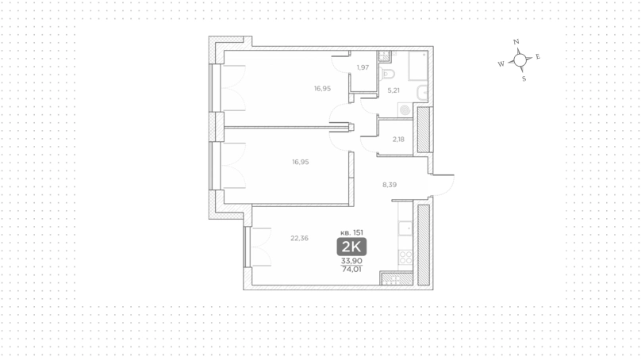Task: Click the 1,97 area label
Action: click(363, 67)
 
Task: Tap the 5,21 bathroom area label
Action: click(393, 90)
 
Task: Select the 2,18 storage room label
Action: click(398, 140)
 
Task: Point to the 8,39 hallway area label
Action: click(390, 185)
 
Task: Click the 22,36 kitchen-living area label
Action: click(299, 238)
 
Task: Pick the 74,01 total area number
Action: click(351, 270)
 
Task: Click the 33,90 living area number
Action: click(351, 261)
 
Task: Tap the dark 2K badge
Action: click(351, 247)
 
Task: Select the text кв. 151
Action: click(351, 232)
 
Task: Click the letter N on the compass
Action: click(516, 42)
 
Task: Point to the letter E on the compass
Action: click(538, 56)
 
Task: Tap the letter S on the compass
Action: click(524, 79)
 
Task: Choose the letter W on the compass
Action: click(501, 63)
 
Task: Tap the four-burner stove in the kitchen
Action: click(405, 258)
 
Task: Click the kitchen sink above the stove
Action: click(405, 228)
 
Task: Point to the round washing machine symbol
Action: click(405, 110)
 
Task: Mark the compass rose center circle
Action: click(520, 60)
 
